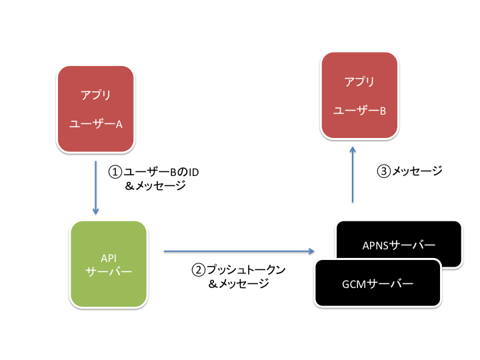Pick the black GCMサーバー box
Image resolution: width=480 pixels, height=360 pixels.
(377, 284)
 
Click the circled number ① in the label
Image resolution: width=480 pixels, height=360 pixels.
(115, 172)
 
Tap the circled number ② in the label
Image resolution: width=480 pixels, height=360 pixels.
(199, 270)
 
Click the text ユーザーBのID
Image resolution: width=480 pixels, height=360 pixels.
(161, 172)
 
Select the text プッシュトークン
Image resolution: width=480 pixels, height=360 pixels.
(246, 270)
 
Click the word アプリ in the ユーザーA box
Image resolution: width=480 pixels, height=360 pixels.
(95, 95)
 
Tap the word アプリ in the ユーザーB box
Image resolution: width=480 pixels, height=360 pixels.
(359, 82)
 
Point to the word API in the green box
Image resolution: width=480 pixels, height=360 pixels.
(109, 257)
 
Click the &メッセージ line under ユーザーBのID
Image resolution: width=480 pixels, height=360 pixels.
(155, 187)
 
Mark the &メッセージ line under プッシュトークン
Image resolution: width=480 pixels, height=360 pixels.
(239, 284)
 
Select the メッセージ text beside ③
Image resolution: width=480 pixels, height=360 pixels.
(417, 171)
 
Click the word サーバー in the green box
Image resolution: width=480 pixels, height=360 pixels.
(109, 271)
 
